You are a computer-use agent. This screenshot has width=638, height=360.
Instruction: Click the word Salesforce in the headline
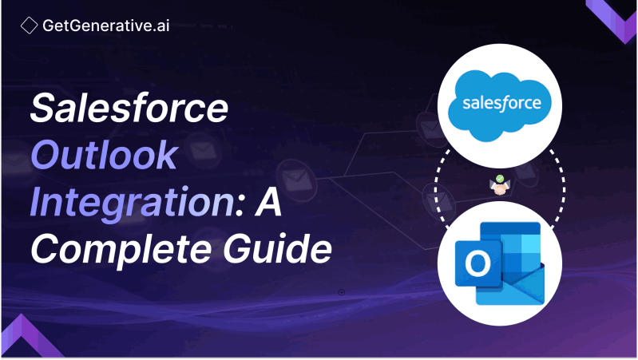(129, 108)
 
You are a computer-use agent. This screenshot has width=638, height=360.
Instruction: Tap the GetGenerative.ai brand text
(105, 26)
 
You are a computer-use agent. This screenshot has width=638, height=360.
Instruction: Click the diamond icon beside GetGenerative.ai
(29, 26)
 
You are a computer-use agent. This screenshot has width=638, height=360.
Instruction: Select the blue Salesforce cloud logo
(501, 102)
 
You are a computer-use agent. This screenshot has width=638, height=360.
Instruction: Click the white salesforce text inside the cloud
(501, 104)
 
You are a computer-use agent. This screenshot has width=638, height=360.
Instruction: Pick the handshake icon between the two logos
(500, 188)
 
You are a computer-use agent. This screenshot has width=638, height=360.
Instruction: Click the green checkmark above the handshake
(499, 179)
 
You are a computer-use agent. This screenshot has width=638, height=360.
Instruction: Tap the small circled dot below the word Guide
(342, 292)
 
